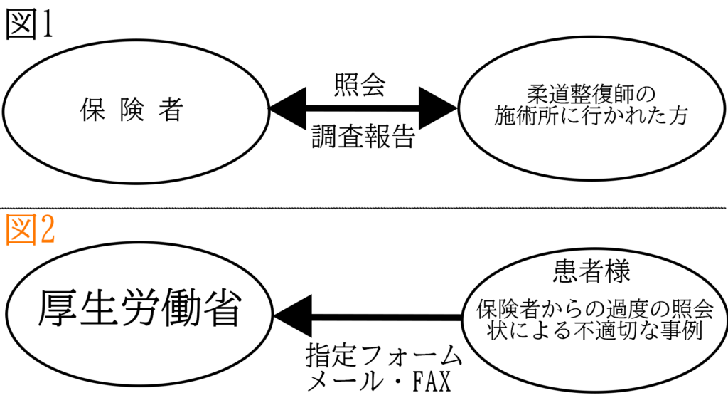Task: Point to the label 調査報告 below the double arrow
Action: pyautogui.click(x=363, y=137)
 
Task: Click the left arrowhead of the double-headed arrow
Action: pyautogui.click(x=288, y=110)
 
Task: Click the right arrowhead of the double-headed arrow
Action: pyautogui.click(x=437, y=110)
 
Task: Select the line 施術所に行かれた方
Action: pyautogui.click(x=591, y=117)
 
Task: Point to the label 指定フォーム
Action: pyautogui.click(x=383, y=355)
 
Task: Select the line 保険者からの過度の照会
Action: pyautogui.click(x=594, y=310)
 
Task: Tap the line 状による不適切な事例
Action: pyautogui.click(x=594, y=331)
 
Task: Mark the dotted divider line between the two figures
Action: pyautogui.click(x=364, y=208)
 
